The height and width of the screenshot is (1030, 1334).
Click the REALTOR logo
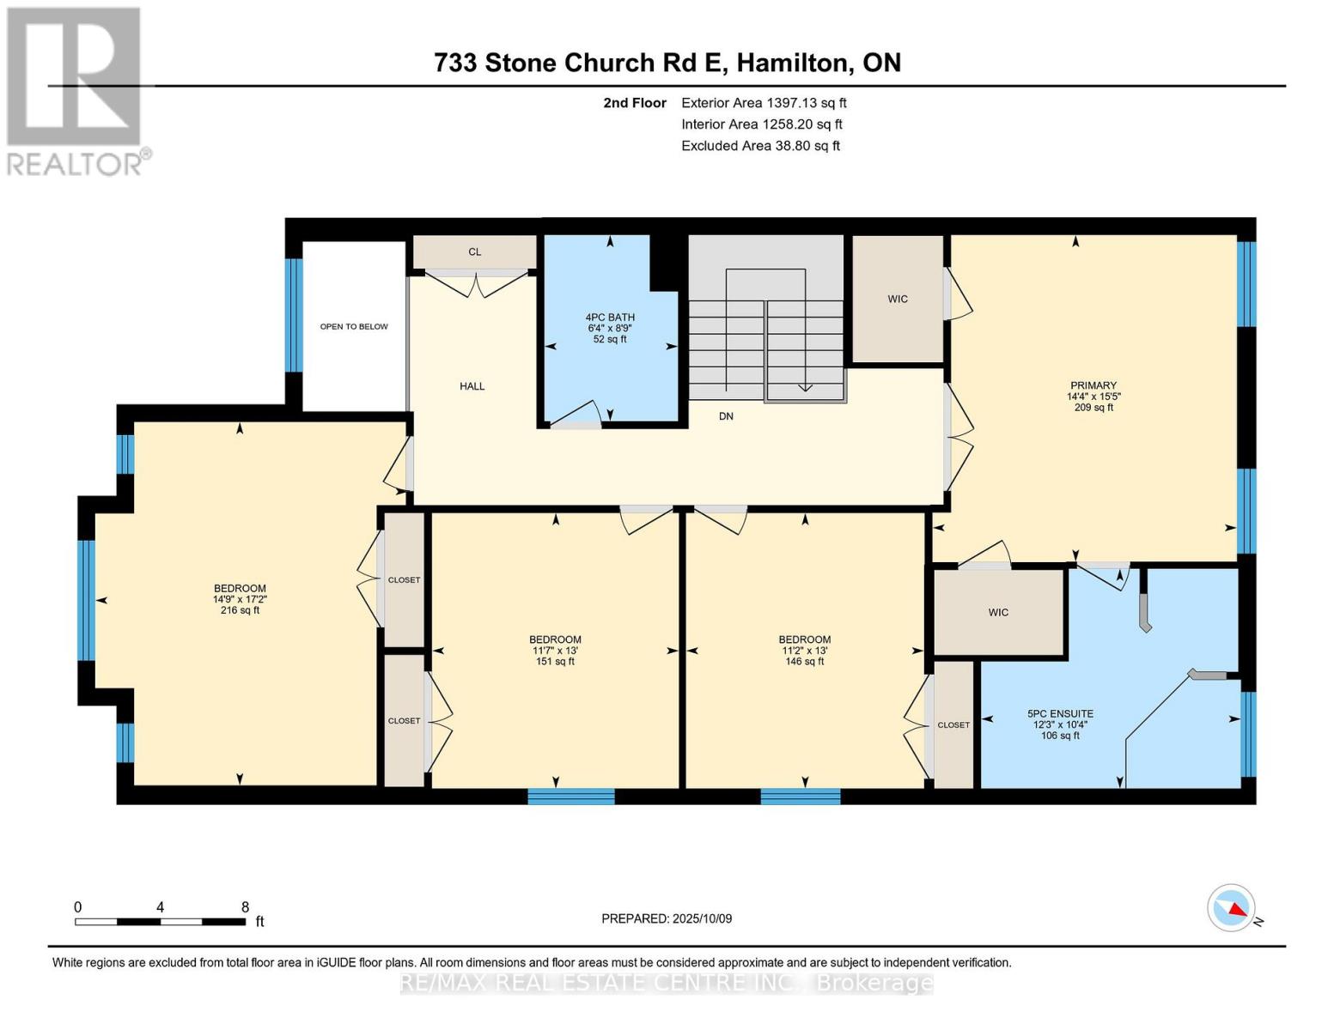click(75, 91)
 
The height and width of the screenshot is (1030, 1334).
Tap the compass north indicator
click(1233, 908)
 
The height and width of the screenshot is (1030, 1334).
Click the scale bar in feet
click(160, 921)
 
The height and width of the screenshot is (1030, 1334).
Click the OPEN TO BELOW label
click(354, 326)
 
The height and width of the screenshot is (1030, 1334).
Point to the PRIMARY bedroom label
click(1093, 385)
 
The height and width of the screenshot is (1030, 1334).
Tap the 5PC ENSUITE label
click(1060, 713)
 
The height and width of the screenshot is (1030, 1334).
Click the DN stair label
click(726, 416)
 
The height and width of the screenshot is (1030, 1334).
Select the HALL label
click(472, 386)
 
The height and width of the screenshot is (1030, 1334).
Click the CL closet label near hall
click(474, 251)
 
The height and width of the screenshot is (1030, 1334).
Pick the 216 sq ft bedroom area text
click(240, 610)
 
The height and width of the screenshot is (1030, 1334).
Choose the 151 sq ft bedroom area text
click(555, 661)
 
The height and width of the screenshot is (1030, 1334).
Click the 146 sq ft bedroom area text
click(804, 661)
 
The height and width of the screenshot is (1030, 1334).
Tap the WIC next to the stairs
click(898, 299)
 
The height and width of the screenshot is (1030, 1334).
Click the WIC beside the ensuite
click(997, 612)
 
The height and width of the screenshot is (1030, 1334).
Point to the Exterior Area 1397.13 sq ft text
click(764, 102)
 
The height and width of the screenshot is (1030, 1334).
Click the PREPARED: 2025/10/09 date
click(667, 918)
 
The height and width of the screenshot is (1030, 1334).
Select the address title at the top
click(667, 63)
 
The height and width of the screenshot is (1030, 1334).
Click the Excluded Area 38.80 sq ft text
click(760, 146)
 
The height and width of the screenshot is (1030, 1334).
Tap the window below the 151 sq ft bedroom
click(571, 797)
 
